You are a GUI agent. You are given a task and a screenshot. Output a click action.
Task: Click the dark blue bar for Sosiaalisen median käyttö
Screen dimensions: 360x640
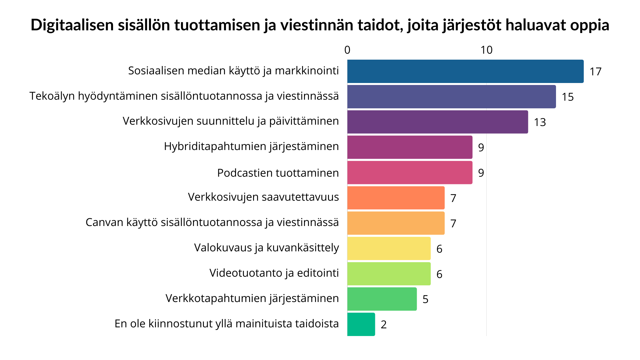pyautogui.click(x=465, y=71)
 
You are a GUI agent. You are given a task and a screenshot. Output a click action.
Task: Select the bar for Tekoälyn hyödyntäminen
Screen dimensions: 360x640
pyautogui.click(x=451, y=97)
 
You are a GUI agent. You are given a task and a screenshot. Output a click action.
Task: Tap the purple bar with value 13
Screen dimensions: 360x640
pyautogui.click(x=437, y=122)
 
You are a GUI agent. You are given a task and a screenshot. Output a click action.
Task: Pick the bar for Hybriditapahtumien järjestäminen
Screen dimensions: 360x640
pyautogui.click(x=410, y=147)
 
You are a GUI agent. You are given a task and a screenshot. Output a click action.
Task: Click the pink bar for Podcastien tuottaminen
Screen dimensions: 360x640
pyautogui.click(x=410, y=173)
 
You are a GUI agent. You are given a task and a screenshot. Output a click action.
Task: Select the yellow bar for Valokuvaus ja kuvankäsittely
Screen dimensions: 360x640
pyautogui.click(x=389, y=248)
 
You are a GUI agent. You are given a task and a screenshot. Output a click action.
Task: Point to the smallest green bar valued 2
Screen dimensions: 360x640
pyautogui.click(x=361, y=324)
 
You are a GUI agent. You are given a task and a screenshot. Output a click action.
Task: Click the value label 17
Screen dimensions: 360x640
pyautogui.click(x=595, y=72)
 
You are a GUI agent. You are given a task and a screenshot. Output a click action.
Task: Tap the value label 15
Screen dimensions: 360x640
pyautogui.click(x=568, y=97)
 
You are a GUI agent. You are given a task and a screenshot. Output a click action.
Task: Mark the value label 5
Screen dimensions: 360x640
pyautogui.click(x=425, y=299)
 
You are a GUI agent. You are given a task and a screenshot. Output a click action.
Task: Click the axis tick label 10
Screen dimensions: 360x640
pyautogui.click(x=486, y=50)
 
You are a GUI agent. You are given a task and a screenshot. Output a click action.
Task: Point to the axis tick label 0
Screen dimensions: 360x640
pyautogui.click(x=347, y=50)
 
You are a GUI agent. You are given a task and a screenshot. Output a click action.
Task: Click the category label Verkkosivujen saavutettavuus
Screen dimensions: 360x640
pyautogui.click(x=263, y=197)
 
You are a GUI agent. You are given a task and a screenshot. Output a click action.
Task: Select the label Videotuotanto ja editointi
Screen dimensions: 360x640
pyautogui.click(x=274, y=273)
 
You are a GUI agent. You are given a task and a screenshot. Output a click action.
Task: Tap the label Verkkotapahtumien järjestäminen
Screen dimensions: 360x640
pyautogui.click(x=252, y=298)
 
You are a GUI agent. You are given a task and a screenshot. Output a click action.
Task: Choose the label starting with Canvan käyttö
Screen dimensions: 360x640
pyautogui.click(x=212, y=222)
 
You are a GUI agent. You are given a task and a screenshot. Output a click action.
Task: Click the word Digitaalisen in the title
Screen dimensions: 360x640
pyautogui.click(x=72, y=25)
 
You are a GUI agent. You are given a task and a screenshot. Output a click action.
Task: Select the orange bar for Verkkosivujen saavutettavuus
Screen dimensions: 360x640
pyautogui.click(x=396, y=198)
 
